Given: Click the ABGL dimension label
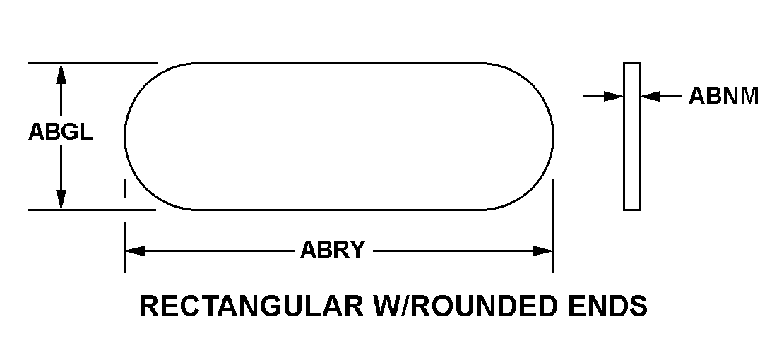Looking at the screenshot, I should [60, 133].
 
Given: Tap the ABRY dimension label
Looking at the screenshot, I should [333, 250].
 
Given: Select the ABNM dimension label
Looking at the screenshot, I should [723, 96].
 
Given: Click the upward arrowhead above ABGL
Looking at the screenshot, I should [61, 73].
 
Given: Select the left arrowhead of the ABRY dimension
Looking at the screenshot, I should [134, 251].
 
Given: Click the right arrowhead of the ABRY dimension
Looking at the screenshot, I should [543, 251].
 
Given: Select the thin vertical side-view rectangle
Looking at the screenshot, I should [631, 136].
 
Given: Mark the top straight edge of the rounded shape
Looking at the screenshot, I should [339, 63].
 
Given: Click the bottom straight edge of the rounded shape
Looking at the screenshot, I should [339, 210].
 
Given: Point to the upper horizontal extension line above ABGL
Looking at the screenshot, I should [92, 63].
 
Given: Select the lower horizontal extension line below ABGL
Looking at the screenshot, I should [92, 210].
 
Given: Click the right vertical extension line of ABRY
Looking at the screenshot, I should [553, 226].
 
